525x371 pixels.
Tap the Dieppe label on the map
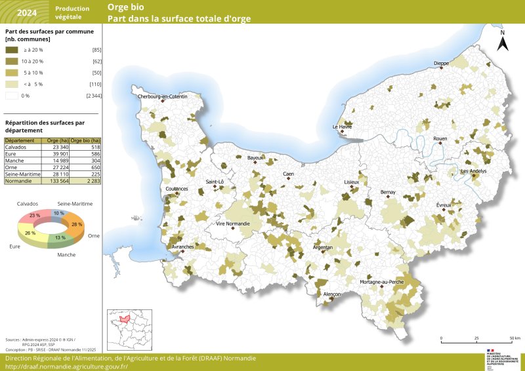pos(441,64)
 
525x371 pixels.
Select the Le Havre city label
pos(342,127)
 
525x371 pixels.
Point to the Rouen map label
pos(440,139)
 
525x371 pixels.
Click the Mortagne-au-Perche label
pos(382,281)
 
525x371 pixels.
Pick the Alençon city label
pos(332,295)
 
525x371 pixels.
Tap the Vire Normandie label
pos(233,224)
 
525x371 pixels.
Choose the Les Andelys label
pos(473,171)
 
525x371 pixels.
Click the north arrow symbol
pos(502,43)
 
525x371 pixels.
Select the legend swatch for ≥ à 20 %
pos(12,50)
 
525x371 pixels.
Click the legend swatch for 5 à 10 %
pos(12,73)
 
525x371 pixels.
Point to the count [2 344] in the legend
pos(93,96)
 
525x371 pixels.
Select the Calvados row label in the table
pos(16,147)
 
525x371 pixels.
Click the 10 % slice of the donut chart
pos(59,214)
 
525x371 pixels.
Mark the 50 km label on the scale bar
pos(514,338)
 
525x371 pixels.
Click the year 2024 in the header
pos(27,12)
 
